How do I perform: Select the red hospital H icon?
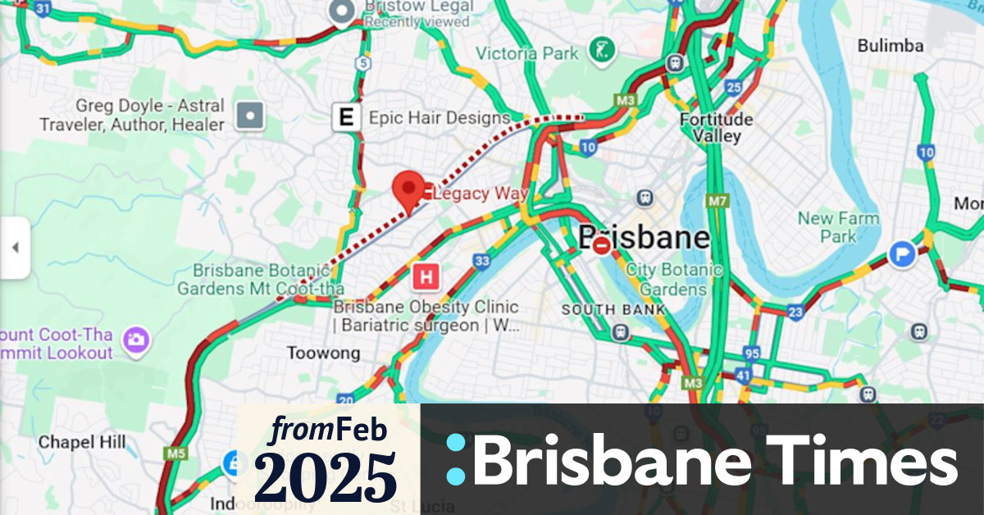426,277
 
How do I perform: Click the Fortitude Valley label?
717,128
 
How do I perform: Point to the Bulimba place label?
891,46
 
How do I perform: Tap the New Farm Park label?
838,227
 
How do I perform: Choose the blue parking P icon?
902,254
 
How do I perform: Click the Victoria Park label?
527,54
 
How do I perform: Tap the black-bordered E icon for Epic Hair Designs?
346,118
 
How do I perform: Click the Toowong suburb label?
323,353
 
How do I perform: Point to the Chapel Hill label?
82,443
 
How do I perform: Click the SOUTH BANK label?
608,310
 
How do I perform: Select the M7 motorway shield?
717,201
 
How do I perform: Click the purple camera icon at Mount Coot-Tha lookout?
135,337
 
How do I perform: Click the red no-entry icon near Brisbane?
603,244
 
